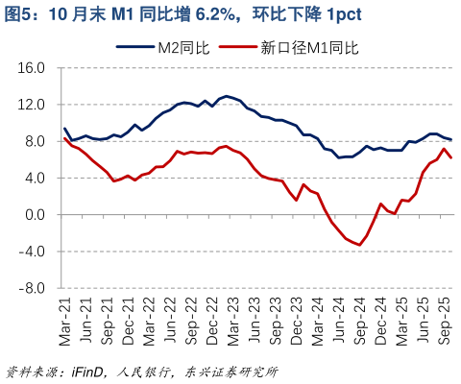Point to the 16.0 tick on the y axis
click(x=33, y=68)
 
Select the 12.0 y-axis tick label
click(x=33, y=105)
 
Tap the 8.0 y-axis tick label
click(x=36, y=141)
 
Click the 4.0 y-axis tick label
click(x=36, y=178)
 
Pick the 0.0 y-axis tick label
click(x=36, y=214)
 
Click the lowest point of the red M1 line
click(x=360, y=245)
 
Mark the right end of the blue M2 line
click(x=451, y=140)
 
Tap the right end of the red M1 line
click(x=451, y=157)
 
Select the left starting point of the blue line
click(x=64, y=129)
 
